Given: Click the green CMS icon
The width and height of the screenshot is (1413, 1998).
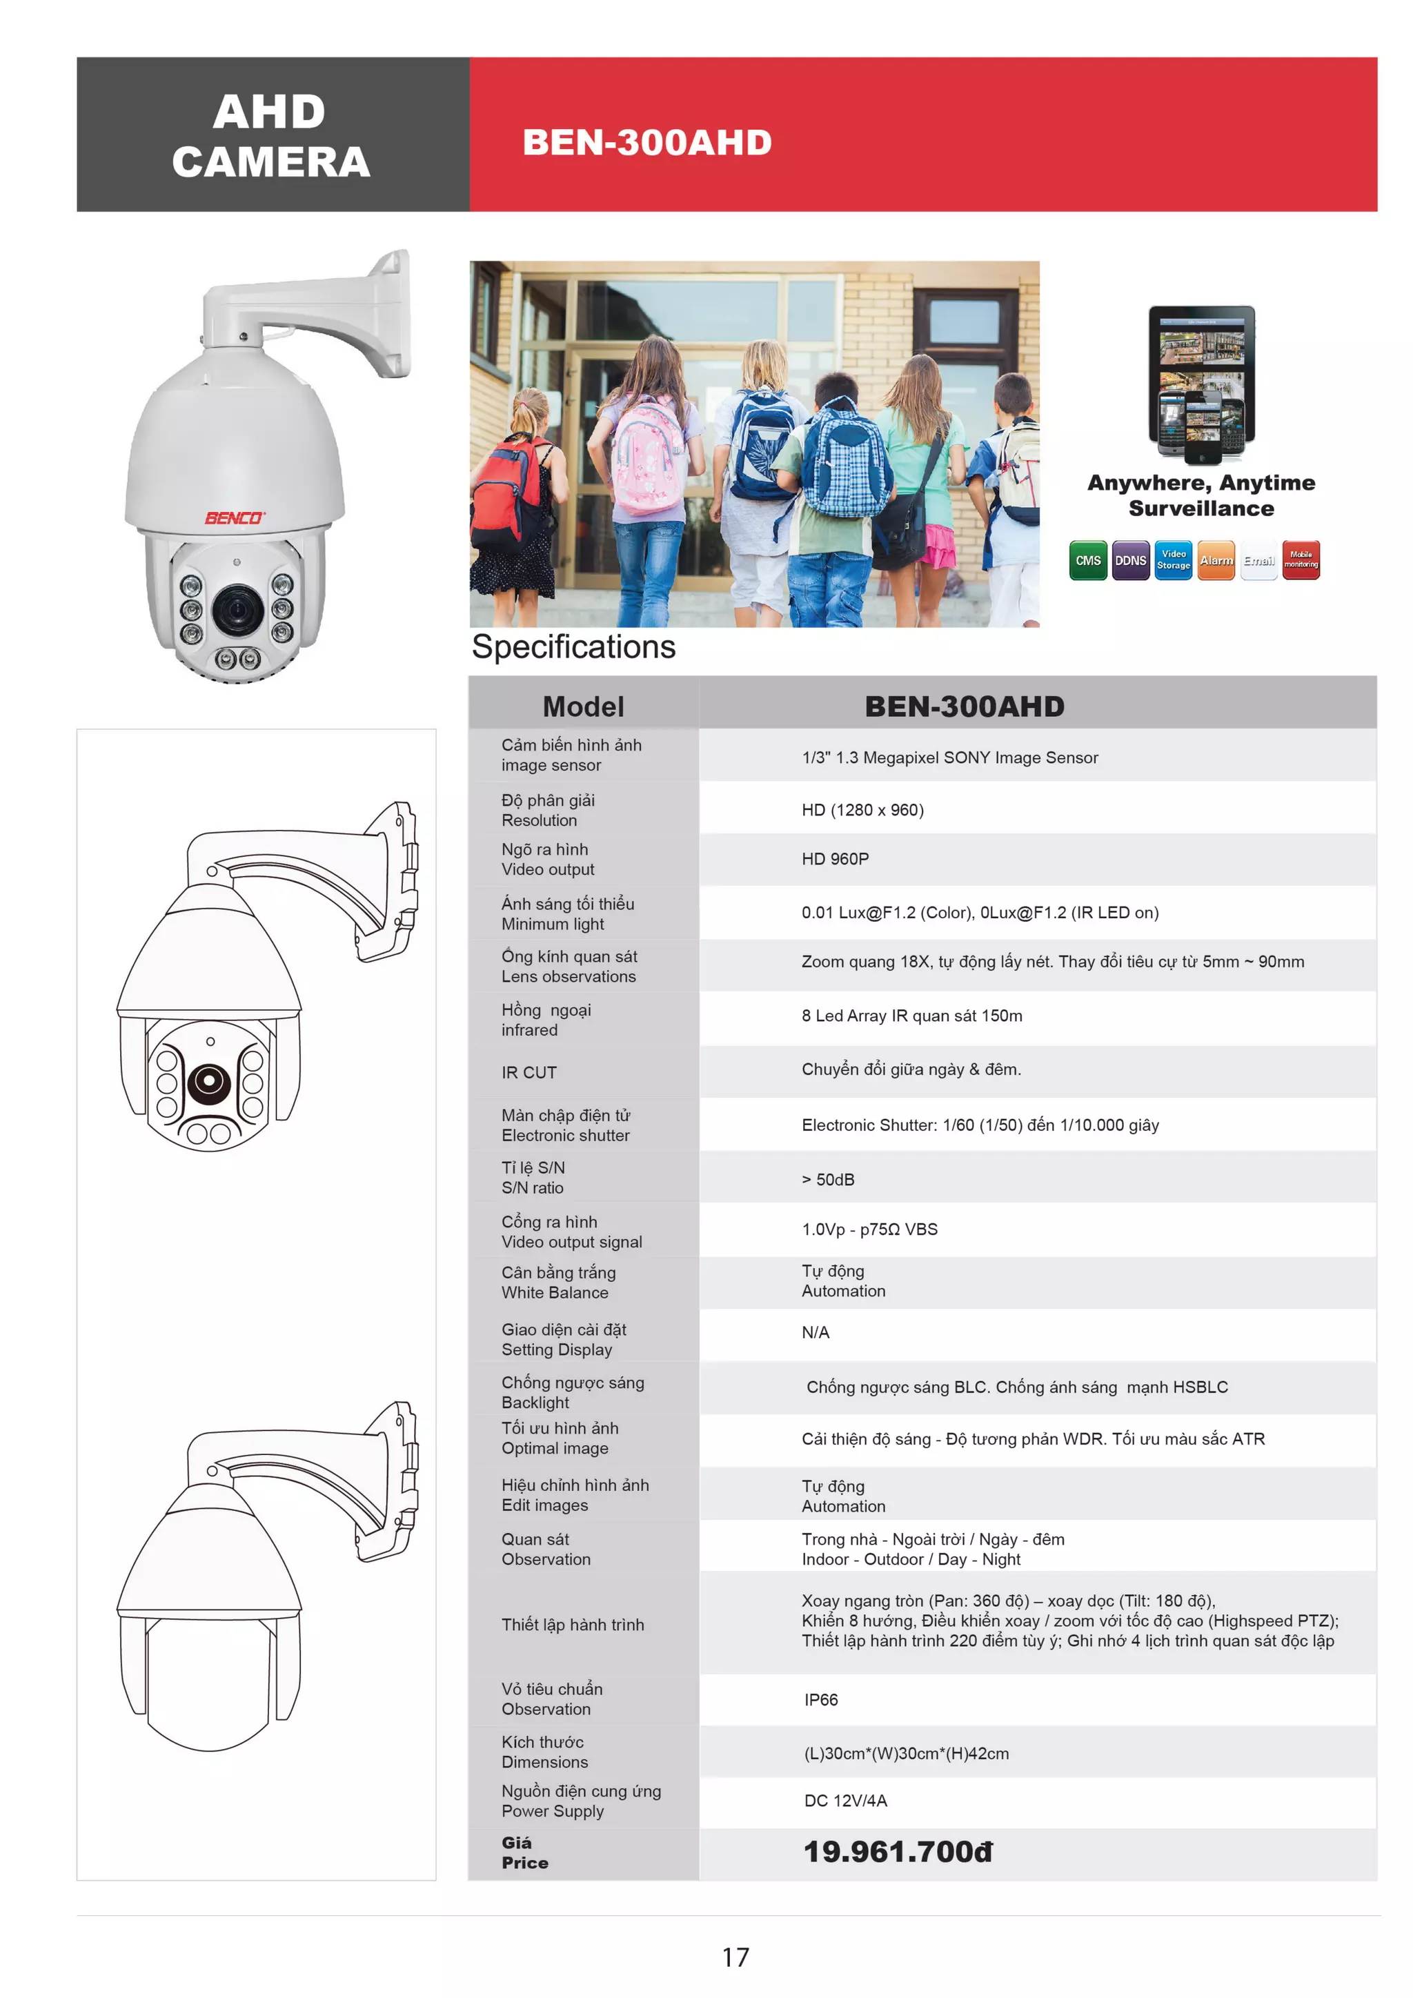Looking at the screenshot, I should click(1087, 560).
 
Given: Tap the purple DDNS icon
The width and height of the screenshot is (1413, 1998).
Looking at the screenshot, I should click(1130, 560).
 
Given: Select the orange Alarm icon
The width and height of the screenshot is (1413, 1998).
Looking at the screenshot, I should click(1216, 560).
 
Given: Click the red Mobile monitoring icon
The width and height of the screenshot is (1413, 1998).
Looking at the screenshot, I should click(1301, 560).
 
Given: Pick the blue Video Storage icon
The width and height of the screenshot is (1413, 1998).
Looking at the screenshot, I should click(1173, 560).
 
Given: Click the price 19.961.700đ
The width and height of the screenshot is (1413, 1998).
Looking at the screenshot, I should click(897, 1852).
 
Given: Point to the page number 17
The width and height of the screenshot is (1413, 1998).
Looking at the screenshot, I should click(735, 1957).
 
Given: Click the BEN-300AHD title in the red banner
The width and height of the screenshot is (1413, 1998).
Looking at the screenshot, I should click(646, 143).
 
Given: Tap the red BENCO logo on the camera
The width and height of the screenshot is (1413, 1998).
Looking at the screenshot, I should click(234, 517).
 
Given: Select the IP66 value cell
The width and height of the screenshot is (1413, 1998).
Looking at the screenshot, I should click(820, 1699).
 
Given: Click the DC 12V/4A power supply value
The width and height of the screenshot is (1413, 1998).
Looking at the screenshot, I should click(845, 1801).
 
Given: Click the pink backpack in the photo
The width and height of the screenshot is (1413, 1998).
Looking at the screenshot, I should click(649, 453).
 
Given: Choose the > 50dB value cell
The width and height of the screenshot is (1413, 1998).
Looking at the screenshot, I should click(827, 1179).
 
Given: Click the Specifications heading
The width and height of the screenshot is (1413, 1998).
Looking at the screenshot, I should click(573, 646).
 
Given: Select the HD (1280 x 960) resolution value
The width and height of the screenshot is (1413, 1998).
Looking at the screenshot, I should click(862, 809).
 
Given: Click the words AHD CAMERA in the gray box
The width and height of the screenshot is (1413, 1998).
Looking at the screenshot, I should click(270, 136).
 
